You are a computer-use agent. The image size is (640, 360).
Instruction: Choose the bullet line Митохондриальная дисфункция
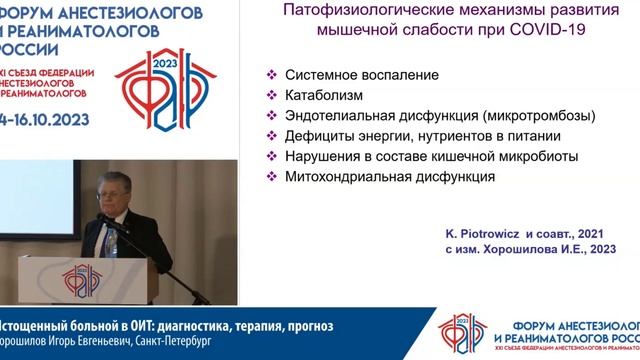pos(390,176)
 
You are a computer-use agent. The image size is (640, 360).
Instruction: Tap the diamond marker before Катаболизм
pos(271,96)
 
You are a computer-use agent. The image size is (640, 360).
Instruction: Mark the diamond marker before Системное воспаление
pos(271,76)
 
